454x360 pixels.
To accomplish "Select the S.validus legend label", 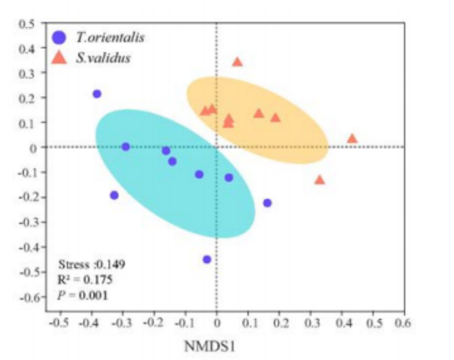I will [x=103, y=58].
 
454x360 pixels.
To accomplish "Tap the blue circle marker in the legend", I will [x=59, y=37].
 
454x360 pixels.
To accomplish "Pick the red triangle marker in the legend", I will [x=59, y=58].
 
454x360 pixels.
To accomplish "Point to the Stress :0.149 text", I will [x=90, y=264].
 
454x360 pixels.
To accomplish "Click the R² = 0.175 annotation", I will [x=85, y=279].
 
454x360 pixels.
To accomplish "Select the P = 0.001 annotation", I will [x=82, y=294].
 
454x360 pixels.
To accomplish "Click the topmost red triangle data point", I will [x=237, y=62].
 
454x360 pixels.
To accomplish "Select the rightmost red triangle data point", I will [x=352, y=139].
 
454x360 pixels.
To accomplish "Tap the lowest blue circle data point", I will [x=207, y=259].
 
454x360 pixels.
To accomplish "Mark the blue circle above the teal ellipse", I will [x=97, y=94].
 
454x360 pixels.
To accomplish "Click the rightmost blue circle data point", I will [x=267, y=202].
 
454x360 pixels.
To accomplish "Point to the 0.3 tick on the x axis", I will [x=311, y=323].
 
